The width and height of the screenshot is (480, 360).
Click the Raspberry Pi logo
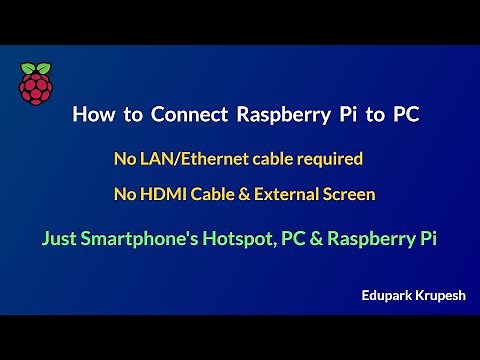pos(35,83)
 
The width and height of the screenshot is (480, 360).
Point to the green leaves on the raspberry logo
pos(35,67)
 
